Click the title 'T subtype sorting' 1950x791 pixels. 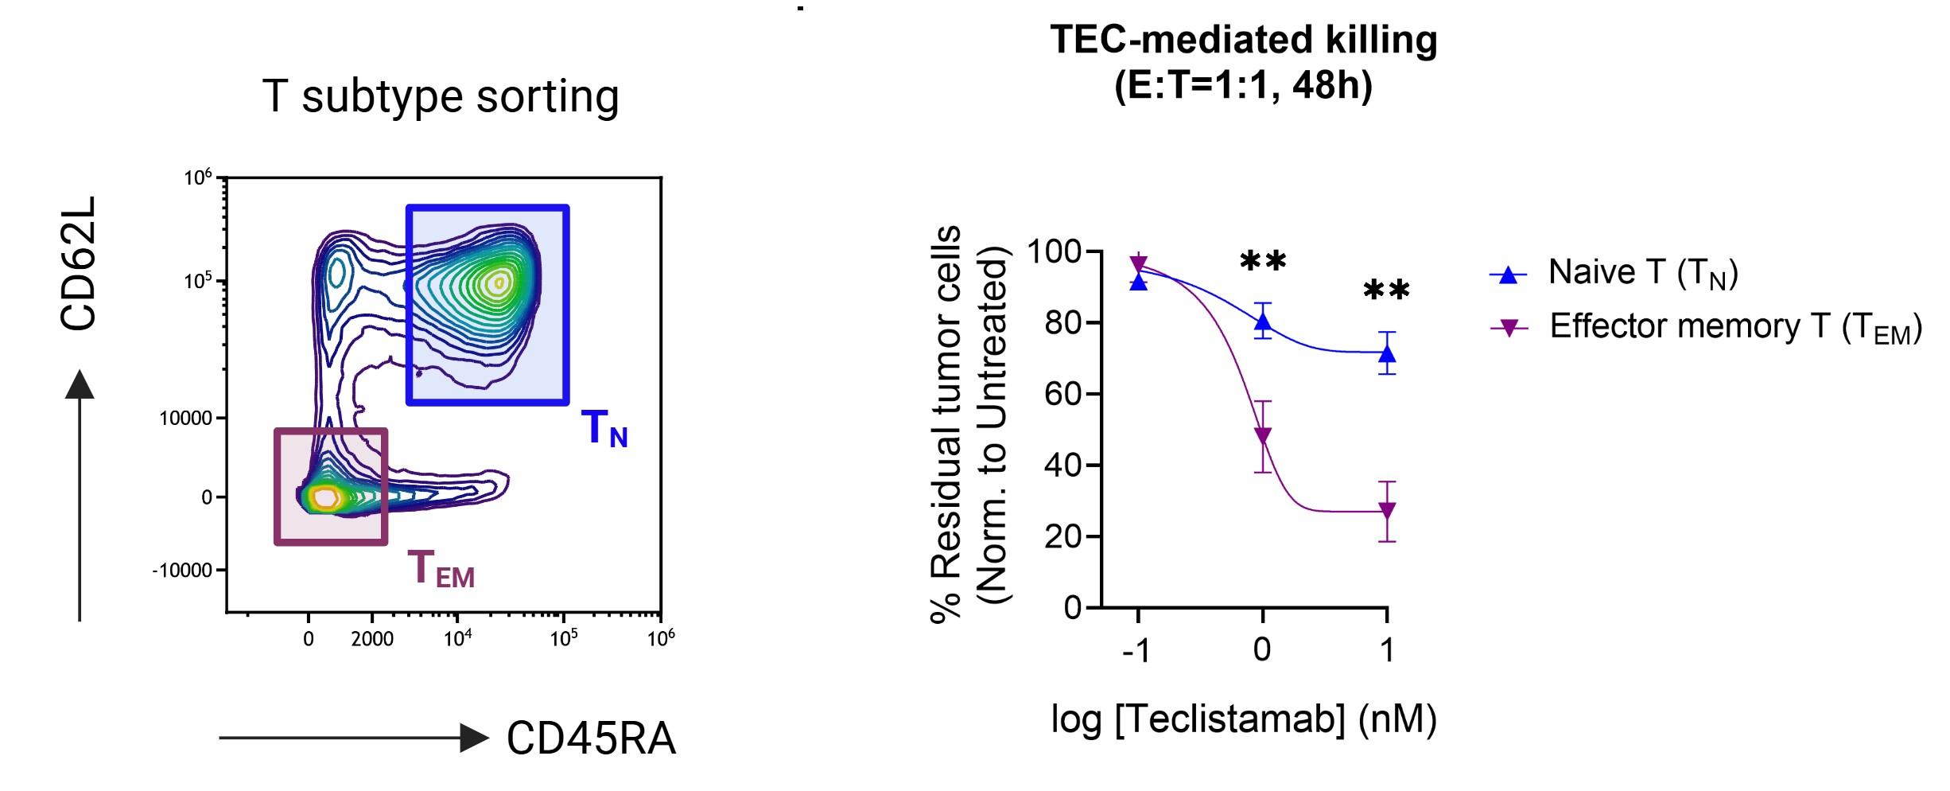tap(440, 97)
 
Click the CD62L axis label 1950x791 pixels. tap(79, 263)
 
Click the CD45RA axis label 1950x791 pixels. tap(591, 738)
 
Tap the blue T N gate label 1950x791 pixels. tap(604, 429)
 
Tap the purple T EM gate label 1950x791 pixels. tap(441, 570)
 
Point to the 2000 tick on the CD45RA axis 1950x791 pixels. tap(372, 639)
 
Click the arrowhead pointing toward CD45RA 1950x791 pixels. tap(475, 738)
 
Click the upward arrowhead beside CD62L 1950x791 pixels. tap(80, 384)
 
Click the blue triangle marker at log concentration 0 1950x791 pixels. tap(1262, 321)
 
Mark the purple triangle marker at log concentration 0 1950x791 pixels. tap(1262, 436)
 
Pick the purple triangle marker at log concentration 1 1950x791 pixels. tap(1387, 510)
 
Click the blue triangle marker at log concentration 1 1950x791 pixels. tap(1387, 353)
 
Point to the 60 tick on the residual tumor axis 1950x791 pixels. tap(1064, 394)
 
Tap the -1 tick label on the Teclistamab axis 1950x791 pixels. tap(1136, 651)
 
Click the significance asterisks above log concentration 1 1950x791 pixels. tap(1386, 290)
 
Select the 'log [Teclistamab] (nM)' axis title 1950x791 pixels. tap(1244, 719)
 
